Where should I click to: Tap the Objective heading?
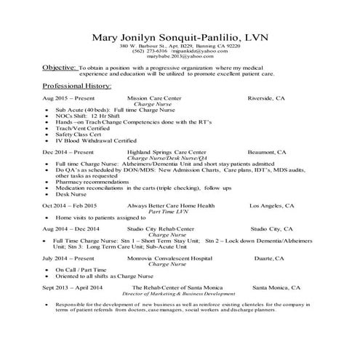pos(59,66)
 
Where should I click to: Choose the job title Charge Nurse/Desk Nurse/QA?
pos(167,158)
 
